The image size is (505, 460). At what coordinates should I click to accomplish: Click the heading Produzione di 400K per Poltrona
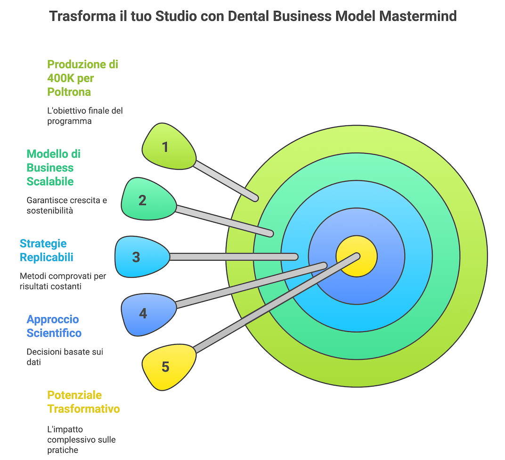point(82,78)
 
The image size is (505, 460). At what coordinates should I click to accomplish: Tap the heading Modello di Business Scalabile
point(53,167)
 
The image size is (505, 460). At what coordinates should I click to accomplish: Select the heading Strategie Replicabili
point(46,250)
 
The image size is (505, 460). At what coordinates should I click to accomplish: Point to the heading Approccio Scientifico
point(54,326)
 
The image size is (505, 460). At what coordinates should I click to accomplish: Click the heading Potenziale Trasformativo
point(83,402)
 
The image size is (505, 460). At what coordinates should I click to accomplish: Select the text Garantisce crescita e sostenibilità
point(66,205)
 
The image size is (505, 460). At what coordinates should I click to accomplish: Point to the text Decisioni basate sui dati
point(65,357)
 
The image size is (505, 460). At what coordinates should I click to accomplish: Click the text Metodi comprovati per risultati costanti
point(63,281)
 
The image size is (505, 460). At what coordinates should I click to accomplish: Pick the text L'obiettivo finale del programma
point(85,115)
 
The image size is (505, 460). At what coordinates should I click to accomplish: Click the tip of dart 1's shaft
point(256,198)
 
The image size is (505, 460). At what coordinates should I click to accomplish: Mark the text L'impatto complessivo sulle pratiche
point(81,440)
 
